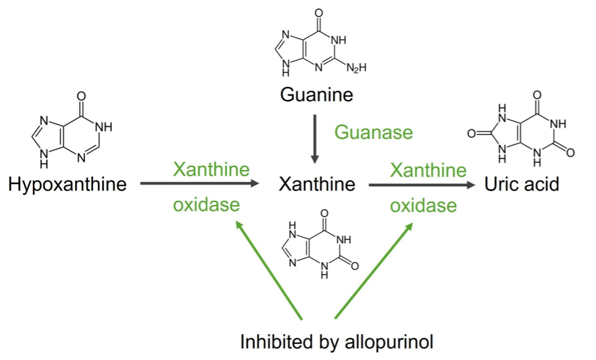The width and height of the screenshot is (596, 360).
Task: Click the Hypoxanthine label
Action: click(x=67, y=184)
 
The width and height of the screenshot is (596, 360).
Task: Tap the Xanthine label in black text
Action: click(x=317, y=184)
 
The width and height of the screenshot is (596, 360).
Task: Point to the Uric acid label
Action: click(x=521, y=184)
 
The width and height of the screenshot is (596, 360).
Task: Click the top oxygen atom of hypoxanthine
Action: click(x=81, y=96)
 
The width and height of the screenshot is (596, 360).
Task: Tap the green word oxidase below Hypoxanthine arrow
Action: click(x=206, y=206)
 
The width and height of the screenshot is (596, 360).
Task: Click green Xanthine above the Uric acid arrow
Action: click(x=428, y=169)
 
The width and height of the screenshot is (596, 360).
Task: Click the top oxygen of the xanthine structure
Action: click(x=325, y=212)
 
